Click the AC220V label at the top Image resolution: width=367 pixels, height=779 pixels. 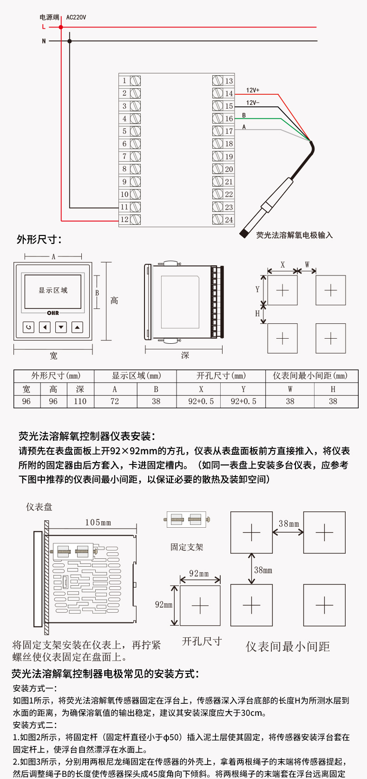76,18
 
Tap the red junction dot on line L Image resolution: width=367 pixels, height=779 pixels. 61,27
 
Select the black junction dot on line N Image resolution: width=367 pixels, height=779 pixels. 70,41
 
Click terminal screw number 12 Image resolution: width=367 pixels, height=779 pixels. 135,219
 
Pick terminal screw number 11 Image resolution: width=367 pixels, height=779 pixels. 135,207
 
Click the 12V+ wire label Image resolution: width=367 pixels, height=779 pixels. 253,90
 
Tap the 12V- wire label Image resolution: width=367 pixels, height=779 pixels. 253,103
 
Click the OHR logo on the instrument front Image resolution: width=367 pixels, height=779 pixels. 53,313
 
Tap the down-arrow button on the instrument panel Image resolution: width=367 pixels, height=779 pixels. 61,327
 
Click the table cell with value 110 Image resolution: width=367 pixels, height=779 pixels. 80,401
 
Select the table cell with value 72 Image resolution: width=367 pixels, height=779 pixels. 115,401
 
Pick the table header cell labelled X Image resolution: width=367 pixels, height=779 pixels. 201,389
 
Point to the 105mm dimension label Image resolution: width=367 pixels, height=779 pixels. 98,523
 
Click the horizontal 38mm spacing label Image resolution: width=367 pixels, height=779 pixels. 288,524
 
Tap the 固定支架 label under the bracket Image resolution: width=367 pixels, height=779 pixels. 187,547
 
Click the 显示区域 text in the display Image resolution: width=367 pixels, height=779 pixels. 53,290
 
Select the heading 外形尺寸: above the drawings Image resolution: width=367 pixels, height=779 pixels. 39,239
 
